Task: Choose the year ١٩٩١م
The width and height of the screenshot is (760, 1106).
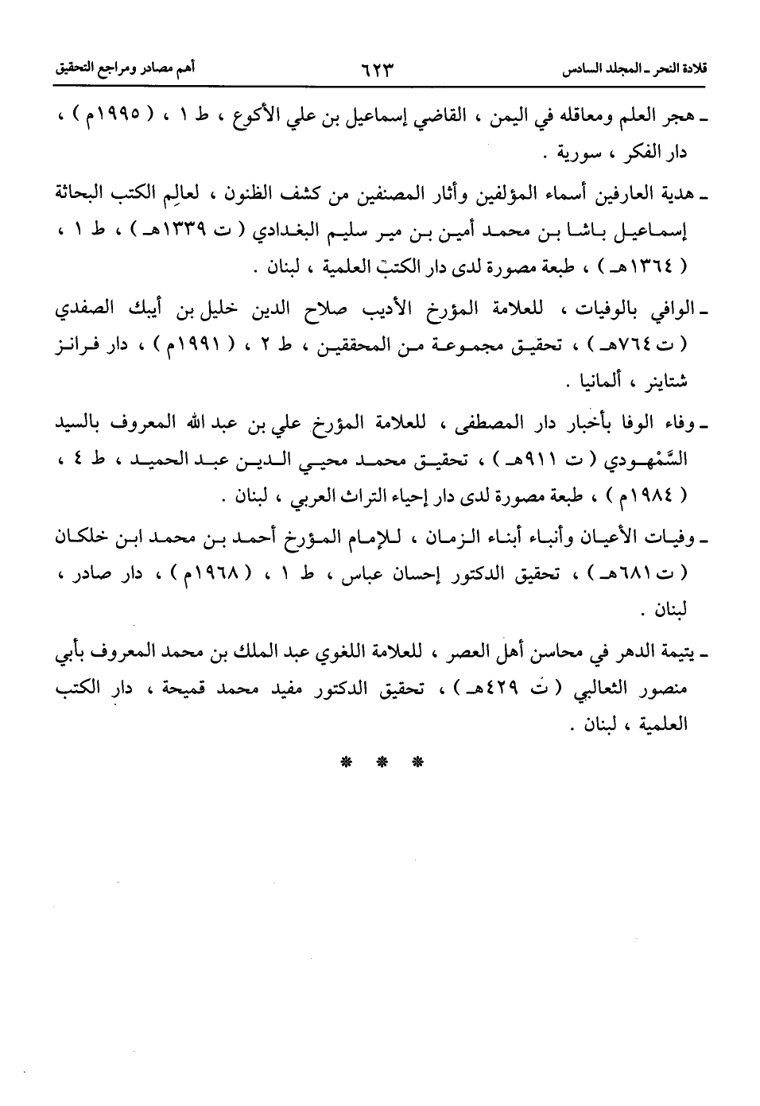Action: tap(196, 345)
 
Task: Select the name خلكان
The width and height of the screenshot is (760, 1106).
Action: tap(88, 540)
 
